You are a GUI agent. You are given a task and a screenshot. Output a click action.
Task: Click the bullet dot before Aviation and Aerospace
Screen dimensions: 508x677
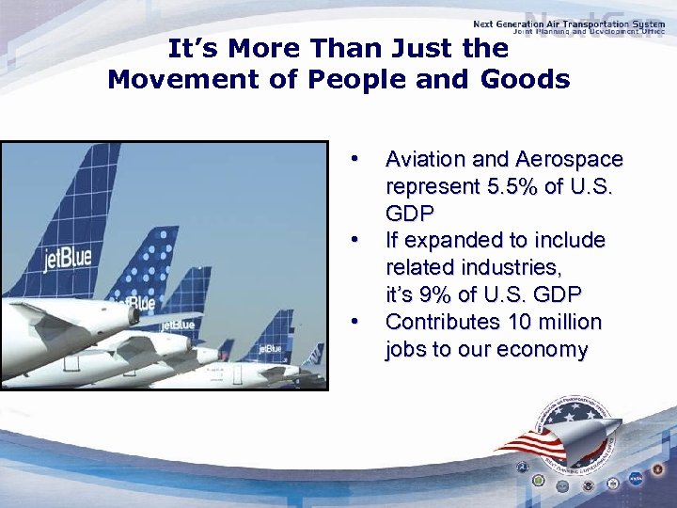pyautogui.click(x=354, y=156)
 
